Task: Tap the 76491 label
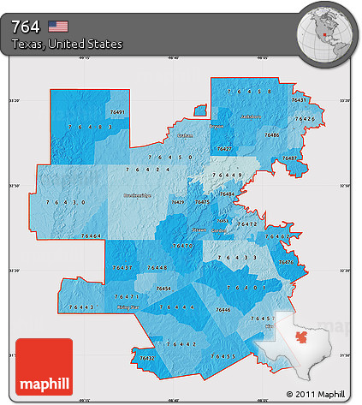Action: (118, 112)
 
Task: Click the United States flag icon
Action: (59, 26)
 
